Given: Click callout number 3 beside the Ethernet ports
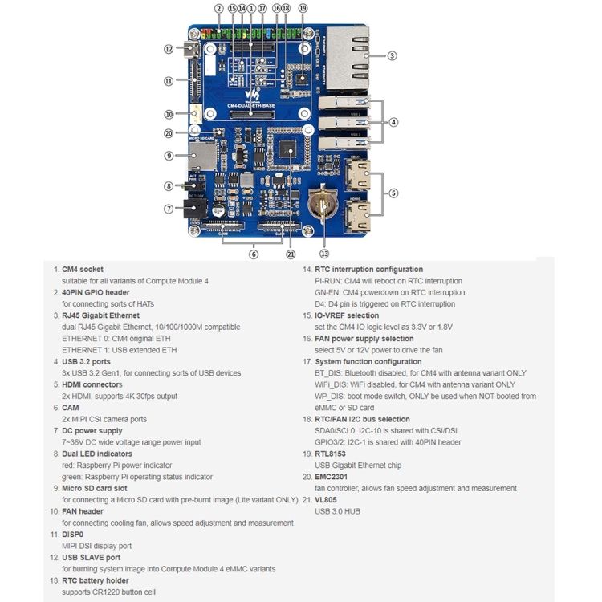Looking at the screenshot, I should [392, 55].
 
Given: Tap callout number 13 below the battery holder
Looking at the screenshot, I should [323, 254].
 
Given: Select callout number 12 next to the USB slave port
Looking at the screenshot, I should [169, 49].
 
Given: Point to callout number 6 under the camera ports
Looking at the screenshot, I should [254, 254].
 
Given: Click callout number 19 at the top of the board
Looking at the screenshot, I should [303, 8].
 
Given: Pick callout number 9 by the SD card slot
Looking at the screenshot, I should [169, 156].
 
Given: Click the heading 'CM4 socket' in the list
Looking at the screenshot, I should [83, 270].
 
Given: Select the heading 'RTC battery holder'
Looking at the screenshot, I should [95, 580].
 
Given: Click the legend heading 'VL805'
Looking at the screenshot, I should [327, 500].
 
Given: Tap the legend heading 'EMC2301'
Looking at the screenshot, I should [332, 477].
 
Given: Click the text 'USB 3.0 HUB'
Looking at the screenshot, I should [336, 511].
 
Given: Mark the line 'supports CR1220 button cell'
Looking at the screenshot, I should [108, 592].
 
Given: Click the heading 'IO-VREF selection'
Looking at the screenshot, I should [347, 316].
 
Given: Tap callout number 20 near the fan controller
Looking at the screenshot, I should [169, 133].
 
